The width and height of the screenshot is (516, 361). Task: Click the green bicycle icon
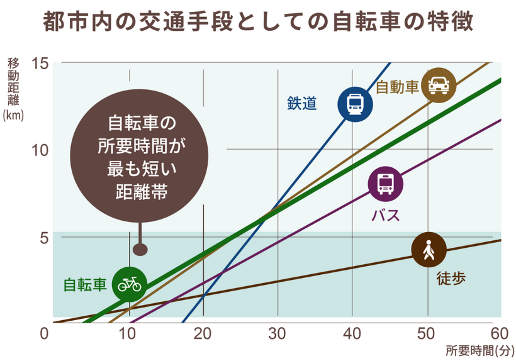tap(130, 284)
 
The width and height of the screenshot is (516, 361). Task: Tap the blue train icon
tap(355, 103)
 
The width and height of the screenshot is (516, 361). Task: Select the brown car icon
tap(439, 84)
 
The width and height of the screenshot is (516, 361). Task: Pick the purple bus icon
tap(386, 184)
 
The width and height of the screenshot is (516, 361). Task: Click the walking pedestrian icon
tap(429, 250)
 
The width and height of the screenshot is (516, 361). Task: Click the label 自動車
tap(397, 87)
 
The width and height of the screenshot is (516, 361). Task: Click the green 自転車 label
tap(86, 285)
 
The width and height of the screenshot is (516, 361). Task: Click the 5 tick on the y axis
tap(43, 238)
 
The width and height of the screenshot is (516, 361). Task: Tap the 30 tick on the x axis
tap(277, 333)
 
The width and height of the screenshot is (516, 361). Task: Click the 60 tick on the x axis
tap(499, 333)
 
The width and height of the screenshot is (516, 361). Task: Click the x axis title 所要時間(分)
tap(480, 350)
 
